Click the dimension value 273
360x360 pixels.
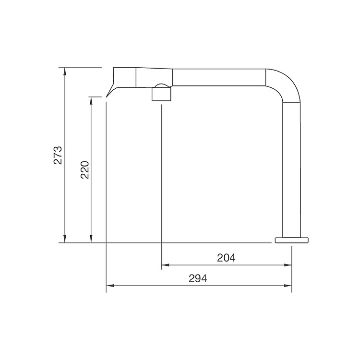[58, 155]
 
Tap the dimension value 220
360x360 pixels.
[84, 170]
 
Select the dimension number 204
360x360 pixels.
[226, 258]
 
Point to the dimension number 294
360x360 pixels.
[198, 278]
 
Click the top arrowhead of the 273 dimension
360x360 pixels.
[65, 71]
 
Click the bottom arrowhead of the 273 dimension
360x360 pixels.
[65, 239]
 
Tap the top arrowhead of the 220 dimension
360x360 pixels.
[91, 101]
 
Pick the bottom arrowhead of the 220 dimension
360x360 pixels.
[91, 239]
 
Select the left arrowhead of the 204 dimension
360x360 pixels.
[165, 265]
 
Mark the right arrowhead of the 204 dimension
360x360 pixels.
[288, 265]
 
